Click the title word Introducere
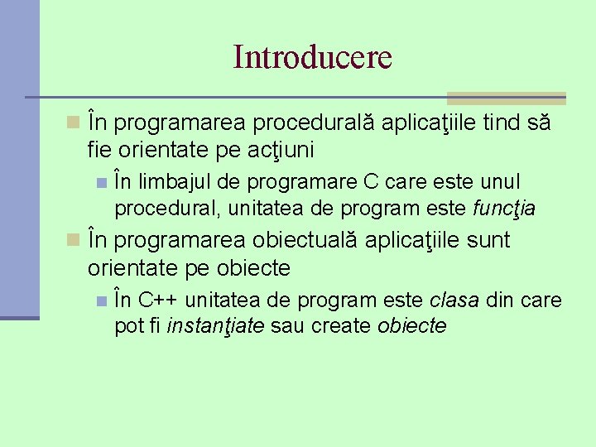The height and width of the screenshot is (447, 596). pyautogui.click(x=312, y=57)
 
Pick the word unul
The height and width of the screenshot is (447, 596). pyautogui.click(x=502, y=181)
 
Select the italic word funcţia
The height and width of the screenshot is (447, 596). pyautogui.click(x=503, y=209)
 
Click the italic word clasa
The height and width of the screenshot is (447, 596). pyautogui.click(x=455, y=299)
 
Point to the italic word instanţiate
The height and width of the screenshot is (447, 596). pyautogui.click(x=216, y=326)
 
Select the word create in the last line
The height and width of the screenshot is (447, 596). pyautogui.click(x=340, y=326)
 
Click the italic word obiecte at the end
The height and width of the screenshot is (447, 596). pyautogui.click(x=411, y=326)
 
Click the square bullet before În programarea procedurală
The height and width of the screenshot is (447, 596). pyautogui.click(x=74, y=124)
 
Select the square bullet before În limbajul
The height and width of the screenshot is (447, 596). pyautogui.click(x=101, y=182)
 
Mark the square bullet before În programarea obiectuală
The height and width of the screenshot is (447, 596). pyautogui.click(x=74, y=241)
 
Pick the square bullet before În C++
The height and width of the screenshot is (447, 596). pyautogui.click(x=101, y=300)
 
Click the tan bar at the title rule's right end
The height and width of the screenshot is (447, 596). pyautogui.click(x=506, y=98)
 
